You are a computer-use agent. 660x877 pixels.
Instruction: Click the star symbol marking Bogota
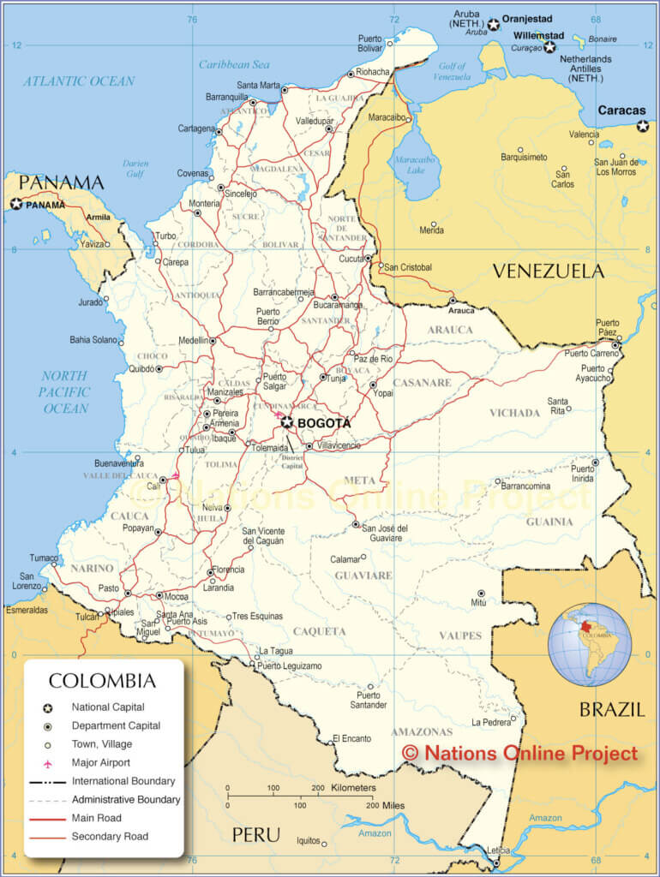pyautogui.click(x=286, y=422)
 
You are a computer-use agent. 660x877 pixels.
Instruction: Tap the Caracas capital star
pyautogui.click(x=642, y=126)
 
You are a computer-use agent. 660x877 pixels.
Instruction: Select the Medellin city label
pyautogui.click(x=193, y=340)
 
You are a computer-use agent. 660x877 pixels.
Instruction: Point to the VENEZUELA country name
pyautogui.click(x=548, y=271)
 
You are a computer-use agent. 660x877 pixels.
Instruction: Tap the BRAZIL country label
pyautogui.click(x=611, y=709)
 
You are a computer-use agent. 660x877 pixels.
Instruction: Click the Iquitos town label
pyautogui.click(x=307, y=841)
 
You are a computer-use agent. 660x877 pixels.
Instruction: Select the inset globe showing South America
pyautogui.click(x=590, y=644)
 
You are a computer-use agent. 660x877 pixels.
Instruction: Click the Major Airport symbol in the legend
pyautogui.click(x=48, y=762)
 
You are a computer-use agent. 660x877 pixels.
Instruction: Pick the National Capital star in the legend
pyautogui.click(x=48, y=707)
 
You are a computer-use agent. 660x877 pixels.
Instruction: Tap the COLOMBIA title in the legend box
pyautogui.click(x=102, y=682)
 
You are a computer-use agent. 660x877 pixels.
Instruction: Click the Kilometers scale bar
pyautogui.click(x=300, y=796)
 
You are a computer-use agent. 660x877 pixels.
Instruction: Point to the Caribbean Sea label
pyautogui.click(x=234, y=64)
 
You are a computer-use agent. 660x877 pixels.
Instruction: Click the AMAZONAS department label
pyautogui.click(x=421, y=732)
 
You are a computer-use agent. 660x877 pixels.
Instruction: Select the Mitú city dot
pyautogui.click(x=481, y=593)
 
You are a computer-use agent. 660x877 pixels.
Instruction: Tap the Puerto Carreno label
pyautogui.click(x=591, y=353)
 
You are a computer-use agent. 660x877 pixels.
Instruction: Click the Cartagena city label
pyautogui.click(x=196, y=128)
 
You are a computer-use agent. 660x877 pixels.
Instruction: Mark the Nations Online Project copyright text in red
pyautogui.click(x=520, y=753)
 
